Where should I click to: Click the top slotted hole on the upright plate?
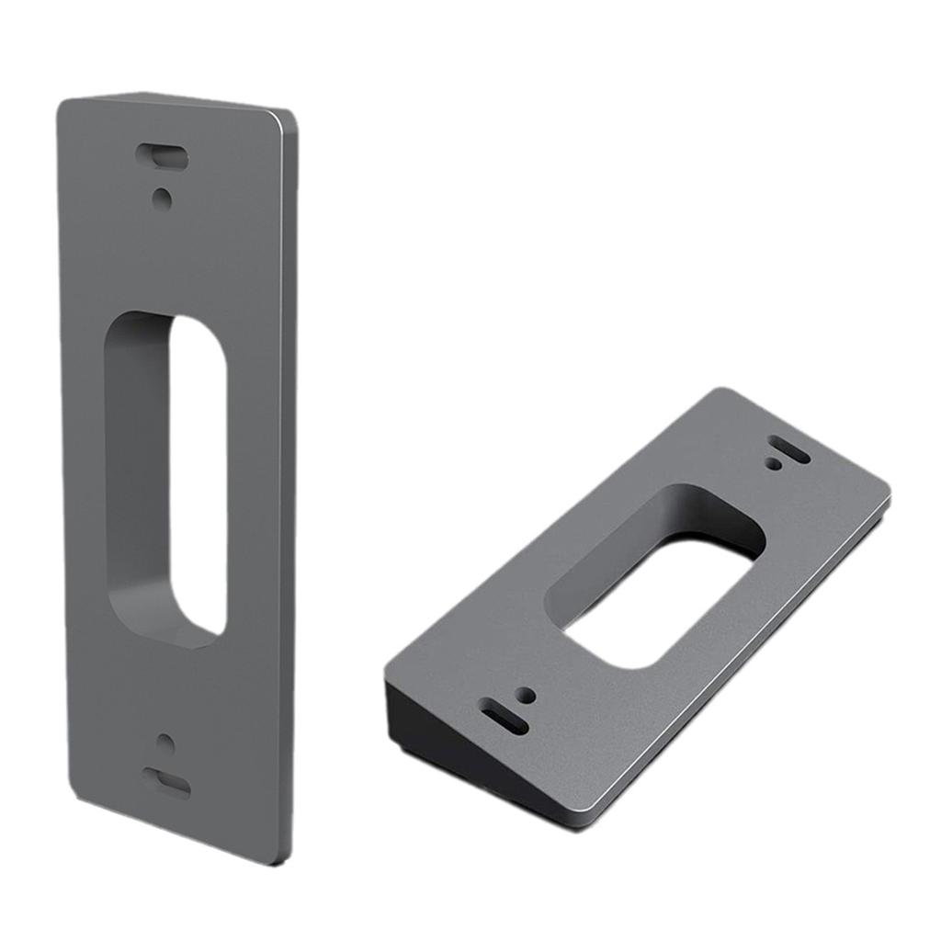pyautogui.click(x=163, y=156)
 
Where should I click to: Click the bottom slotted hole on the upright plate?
pyautogui.click(x=166, y=783)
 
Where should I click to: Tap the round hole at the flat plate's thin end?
pyautogui.click(x=775, y=465)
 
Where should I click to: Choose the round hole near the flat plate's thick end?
pyautogui.click(x=525, y=695)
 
